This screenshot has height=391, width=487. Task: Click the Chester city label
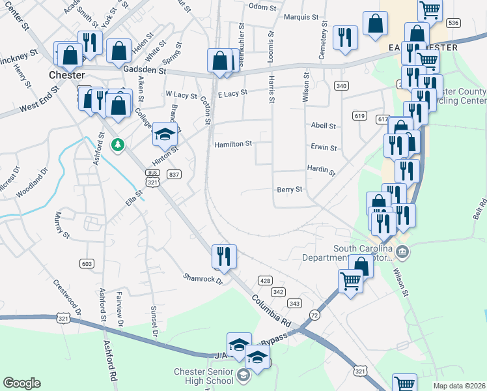pyautogui.click(x=68, y=75)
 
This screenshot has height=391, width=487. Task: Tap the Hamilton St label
pyautogui.click(x=233, y=144)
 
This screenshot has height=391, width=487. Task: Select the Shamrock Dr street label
pyautogui.click(x=202, y=278)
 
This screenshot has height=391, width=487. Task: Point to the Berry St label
pyautogui.click(x=290, y=190)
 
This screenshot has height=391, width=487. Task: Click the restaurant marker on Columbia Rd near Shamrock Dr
pyautogui.click(x=224, y=257)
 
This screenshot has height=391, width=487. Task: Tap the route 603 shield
pyautogui.click(x=86, y=263)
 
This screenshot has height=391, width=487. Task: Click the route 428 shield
pyautogui.click(x=265, y=280)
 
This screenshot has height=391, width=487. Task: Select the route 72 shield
pyautogui.click(x=315, y=315)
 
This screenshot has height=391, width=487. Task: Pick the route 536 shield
pyautogui.click(x=454, y=23)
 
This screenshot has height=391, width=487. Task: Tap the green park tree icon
pyautogui.click(x=118, y=144)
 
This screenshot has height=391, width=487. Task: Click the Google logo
pyautogui.click(x=22, y=383)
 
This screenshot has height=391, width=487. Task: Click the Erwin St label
pyautogui.click(x=324, y=148)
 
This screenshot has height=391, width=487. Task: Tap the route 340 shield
pyautogui.click(x=341, y=85)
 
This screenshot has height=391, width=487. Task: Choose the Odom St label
pyautogui.click(x=263, y=7)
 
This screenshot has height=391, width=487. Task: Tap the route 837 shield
pyautogui.click(x=173, y=174)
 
